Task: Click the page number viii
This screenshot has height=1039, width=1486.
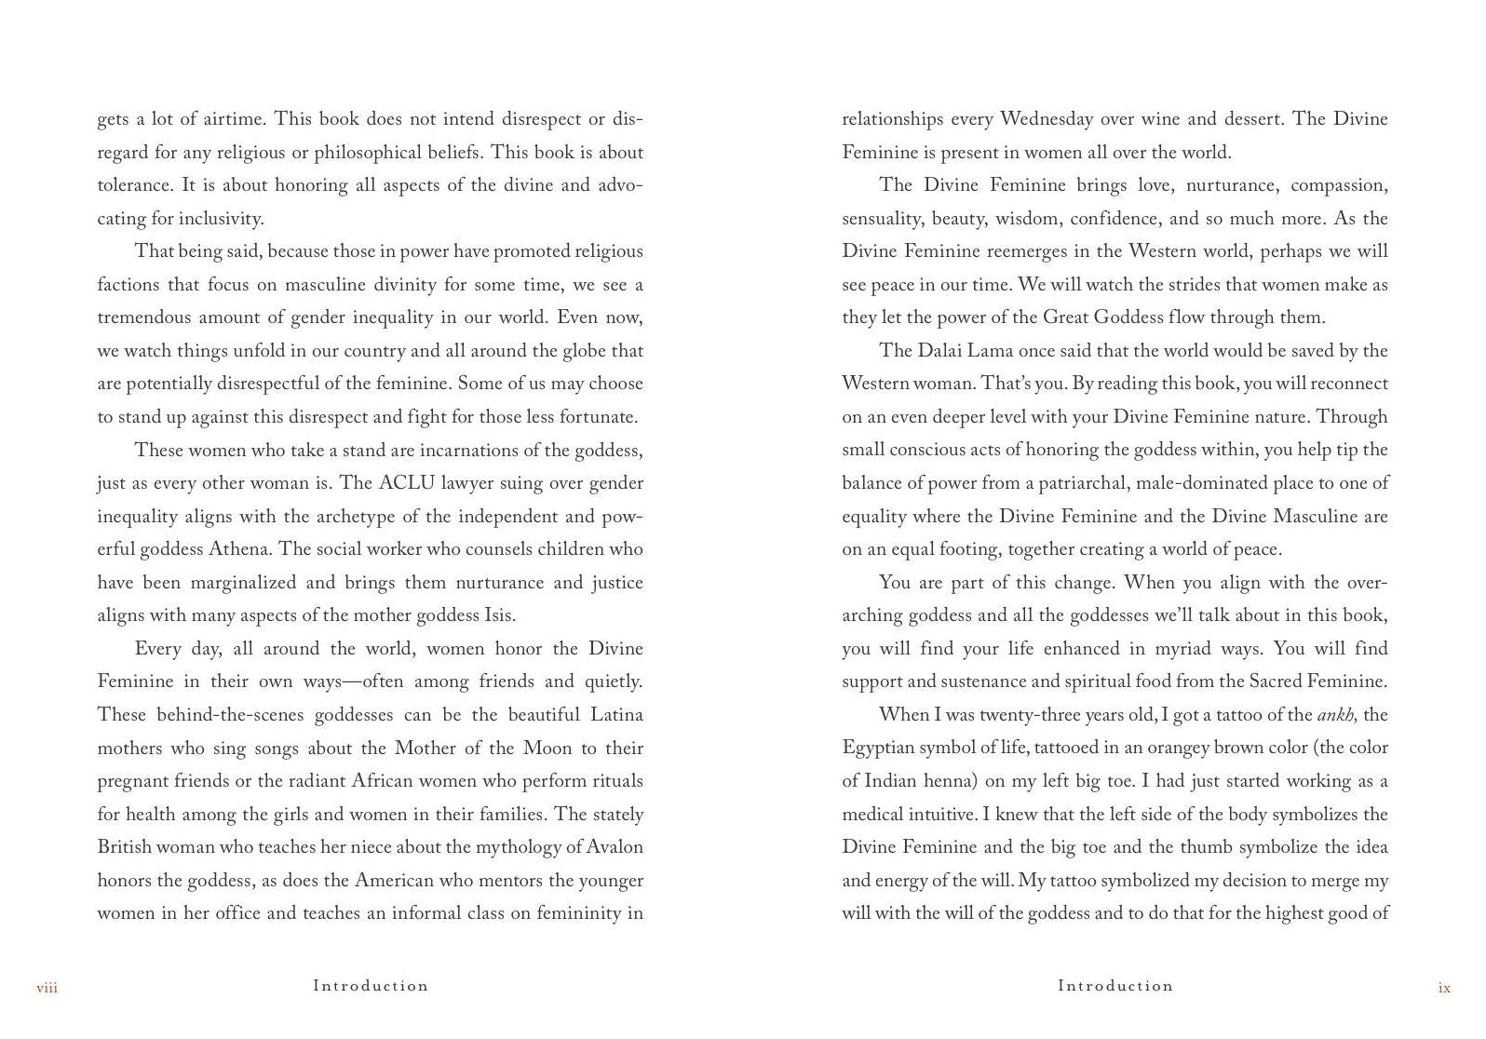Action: (47, 988)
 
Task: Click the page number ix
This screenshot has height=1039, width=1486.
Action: (1444, 988)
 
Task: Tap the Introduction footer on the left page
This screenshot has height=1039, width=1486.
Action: (371, 985)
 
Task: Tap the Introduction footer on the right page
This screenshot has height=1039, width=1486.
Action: (1115, 985)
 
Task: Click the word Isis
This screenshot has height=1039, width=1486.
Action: (499, 615)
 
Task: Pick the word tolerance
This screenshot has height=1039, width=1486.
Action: (135, 185)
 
